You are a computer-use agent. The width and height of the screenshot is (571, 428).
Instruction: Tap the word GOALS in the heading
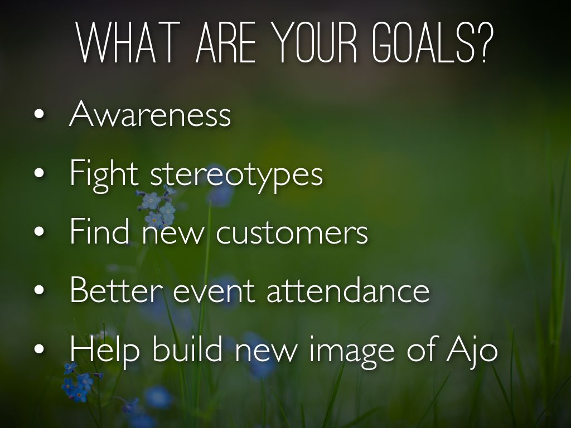click(x=424, y=42)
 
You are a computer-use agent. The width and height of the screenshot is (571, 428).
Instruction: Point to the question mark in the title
click(x=486, y=42)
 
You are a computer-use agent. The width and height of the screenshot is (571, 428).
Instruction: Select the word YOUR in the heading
click(x=315, y=42)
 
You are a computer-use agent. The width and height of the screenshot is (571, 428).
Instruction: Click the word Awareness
click(x=150, y=113)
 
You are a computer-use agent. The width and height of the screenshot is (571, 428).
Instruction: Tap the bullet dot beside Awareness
click(x=39, y=114)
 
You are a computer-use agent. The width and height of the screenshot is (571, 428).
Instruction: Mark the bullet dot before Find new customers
click(x=39, y=231)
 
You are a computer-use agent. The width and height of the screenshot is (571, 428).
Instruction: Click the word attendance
click(x=348, y=290)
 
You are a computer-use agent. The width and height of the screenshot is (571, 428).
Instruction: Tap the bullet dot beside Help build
click(x=39, y=349)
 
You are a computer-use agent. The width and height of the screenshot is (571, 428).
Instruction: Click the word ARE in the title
click(x=226, y=42)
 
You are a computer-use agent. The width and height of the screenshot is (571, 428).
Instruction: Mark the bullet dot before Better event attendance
click(x=39, y=290)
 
